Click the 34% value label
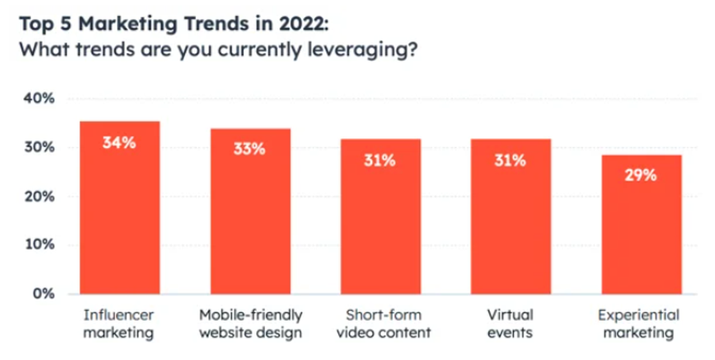pyautogui.click(x=119, y=143)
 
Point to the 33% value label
pyautogui.click(x=250, y=149)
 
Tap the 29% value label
pyautogui.click(x=641, y=176)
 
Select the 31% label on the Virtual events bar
pyautogui.click(x=511, y=160)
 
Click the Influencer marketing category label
pyautogui.click(x=119, y=324)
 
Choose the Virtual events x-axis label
pyautogui.click(x=511, y=324)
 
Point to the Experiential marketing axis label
pyautogui.click(x=641, y=324)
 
